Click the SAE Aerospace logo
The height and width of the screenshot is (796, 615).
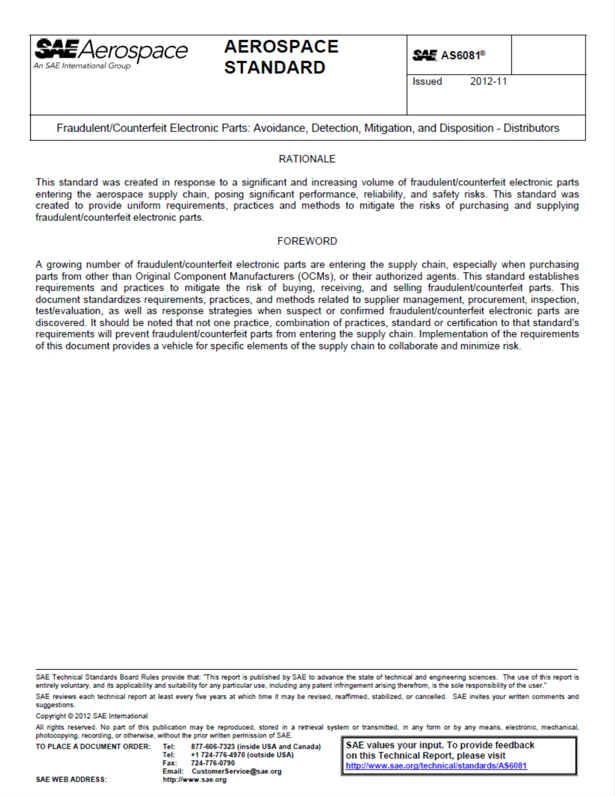coord(111,50)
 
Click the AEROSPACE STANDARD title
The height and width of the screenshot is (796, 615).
coord(281,57)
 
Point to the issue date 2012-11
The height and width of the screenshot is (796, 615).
coord(488,81)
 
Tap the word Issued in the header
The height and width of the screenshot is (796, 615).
coord(427,81)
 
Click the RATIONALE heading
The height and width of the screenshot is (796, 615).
coord(307,159)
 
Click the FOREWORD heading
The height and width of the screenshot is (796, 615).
coord(307,241)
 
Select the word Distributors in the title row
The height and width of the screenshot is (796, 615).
coord(531,128)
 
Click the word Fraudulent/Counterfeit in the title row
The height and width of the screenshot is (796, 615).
coord(111,128)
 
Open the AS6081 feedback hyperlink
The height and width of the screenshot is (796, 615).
coord(436,766)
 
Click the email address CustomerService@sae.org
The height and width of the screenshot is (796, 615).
coord(236,771)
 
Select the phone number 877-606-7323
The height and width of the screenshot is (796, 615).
coord(213,746)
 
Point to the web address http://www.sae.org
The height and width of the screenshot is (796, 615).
coord(195,779)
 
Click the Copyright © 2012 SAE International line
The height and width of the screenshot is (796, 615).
coord(91,716)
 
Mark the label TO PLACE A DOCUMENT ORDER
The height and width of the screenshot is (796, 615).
coord(93,746)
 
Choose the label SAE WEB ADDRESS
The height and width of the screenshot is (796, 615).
coord(71,779)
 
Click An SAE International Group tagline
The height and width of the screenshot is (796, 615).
coord(82,66)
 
